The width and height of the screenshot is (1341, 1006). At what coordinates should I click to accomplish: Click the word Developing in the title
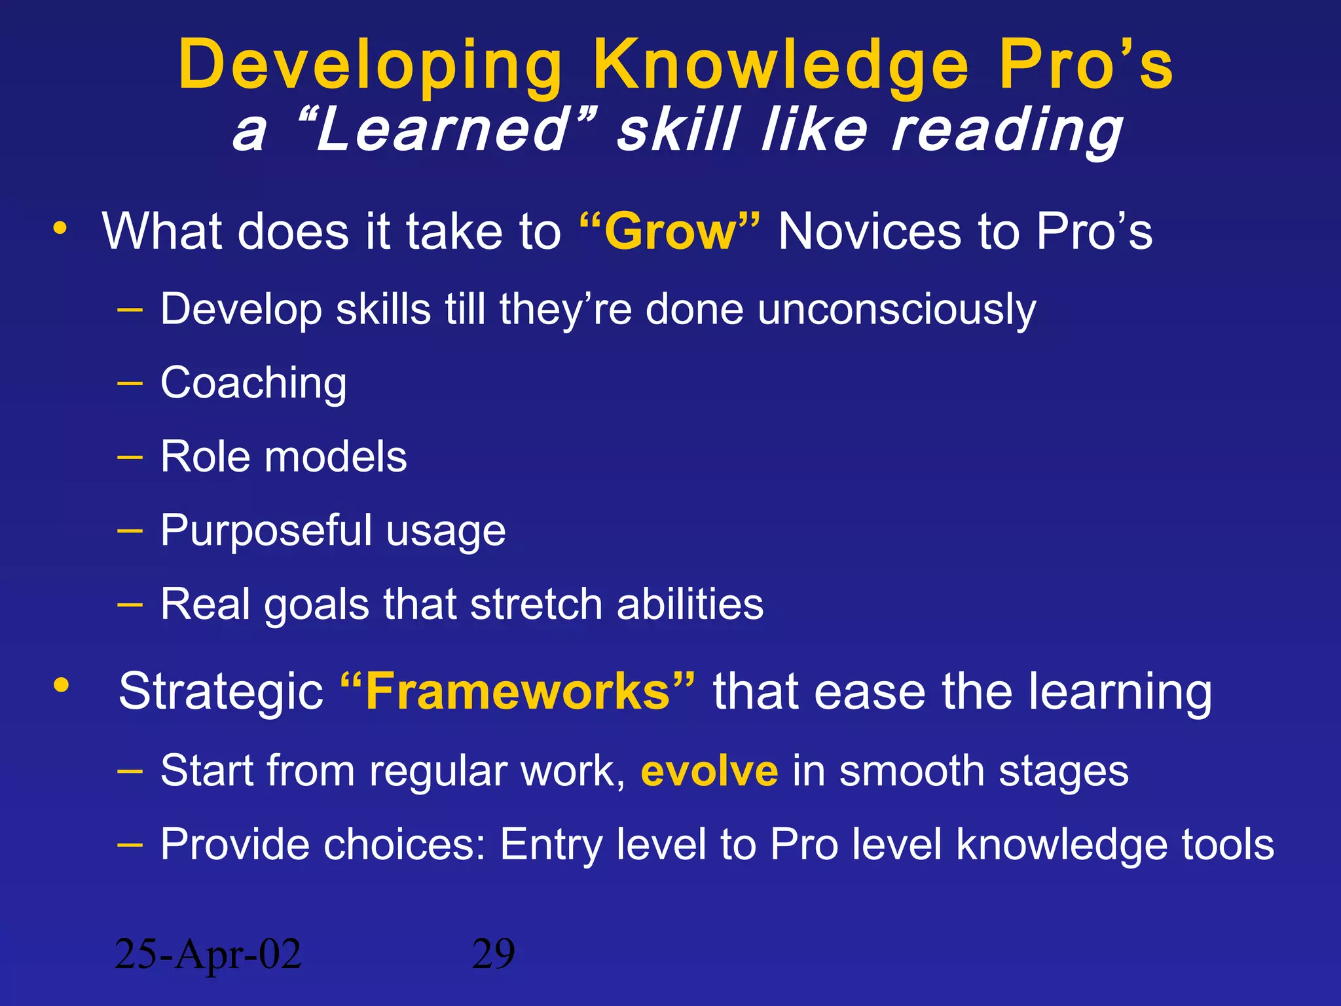point(370,65)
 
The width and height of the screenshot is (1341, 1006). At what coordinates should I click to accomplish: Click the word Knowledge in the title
point(779,65)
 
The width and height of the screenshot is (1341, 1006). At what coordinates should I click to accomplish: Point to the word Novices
point(870,232)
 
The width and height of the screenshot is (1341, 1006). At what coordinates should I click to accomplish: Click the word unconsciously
point(896,309)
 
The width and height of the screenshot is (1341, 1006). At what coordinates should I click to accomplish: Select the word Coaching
point(253,383)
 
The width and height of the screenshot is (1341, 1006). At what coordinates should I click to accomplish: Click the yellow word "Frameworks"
point(517,692)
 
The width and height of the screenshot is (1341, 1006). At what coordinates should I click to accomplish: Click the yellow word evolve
point(709,771)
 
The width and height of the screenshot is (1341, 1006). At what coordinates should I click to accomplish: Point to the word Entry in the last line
point(551,845)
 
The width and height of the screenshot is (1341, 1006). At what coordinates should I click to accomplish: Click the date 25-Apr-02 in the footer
point(208,954)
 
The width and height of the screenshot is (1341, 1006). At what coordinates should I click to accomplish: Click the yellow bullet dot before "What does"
point(60,229)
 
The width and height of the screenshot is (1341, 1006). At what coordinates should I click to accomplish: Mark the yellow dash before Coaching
point(130,384)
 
